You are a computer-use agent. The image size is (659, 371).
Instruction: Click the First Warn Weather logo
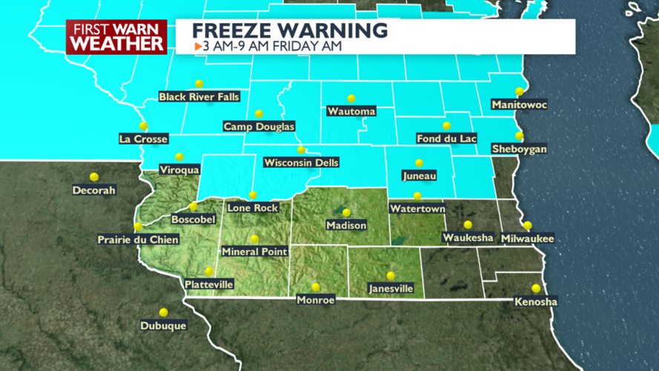pyautogui.click(x=116, y=36)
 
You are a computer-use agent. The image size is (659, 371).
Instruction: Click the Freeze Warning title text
pyautogui.click(x=290, y=30)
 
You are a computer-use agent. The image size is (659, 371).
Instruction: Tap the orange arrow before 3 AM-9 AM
pyautogui.click(x=197, y=47)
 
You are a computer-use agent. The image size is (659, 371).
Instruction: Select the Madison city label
pyautogui.click(x=346, y=226)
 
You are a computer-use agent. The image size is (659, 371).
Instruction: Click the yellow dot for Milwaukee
pyautogui.click(x=528, y=226)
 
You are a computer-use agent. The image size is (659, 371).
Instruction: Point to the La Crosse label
pyautogui.click(x=143, y=139)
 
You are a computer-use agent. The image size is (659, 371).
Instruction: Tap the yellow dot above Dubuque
pyautogui.click(x=163, y=312)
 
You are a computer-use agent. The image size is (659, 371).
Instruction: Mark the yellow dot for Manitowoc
pyautogui.click(x=520, y=92)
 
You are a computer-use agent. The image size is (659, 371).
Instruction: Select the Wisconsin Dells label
pyautogui.click(x=301, y=162)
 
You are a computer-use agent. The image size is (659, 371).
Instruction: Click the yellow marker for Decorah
pyautogui.click(x=94, y=177)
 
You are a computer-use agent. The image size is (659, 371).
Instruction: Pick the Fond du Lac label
pyautogui.click(x=446, y=139)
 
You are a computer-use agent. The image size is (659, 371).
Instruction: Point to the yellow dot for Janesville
pyautogui.click(x=391, y=276)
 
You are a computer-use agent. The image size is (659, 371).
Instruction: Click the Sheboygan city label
pyautogui.click(x=519, y=149)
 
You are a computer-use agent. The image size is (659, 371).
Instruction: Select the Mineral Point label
pyautogui.click(x=254, y=252)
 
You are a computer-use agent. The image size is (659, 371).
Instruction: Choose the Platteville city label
pyautogui.click(x=208, y=284)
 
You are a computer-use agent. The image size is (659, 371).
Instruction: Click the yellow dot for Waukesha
pyautogui.click(x=468, y=225)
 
